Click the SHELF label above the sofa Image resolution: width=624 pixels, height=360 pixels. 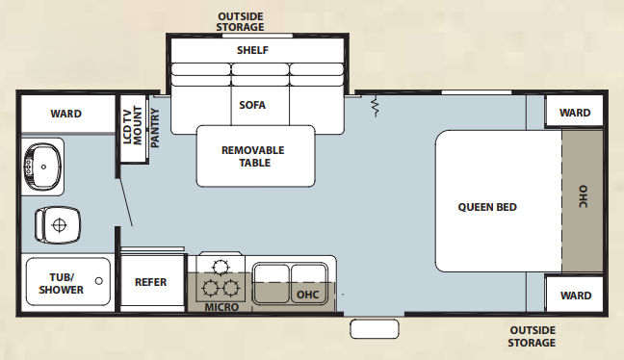tap(252, 50)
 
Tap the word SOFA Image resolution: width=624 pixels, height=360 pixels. tap(252, 105)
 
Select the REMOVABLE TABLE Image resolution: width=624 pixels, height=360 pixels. tap(252, 156)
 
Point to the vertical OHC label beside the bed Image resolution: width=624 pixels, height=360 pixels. tap(583, 196)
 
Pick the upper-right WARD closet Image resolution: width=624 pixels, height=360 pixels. tap(575, 113)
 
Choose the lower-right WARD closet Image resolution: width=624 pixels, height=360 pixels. tap(575, 296)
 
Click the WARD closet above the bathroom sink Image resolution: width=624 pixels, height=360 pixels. tap(65, 114)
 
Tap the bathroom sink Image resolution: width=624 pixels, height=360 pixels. tap(42, 167)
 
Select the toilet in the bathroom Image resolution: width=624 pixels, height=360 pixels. tap(56, 225)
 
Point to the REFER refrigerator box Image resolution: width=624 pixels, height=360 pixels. tap(151, 282)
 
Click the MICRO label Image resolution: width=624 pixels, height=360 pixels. tap(221, 307)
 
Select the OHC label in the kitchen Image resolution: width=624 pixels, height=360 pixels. tap(307, 294)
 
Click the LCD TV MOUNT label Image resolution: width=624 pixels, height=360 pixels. tap(130, 124)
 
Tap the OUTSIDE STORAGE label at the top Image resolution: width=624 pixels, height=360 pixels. tap(240, 22)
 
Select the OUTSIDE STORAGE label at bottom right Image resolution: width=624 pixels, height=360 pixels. tap(533, 337)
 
